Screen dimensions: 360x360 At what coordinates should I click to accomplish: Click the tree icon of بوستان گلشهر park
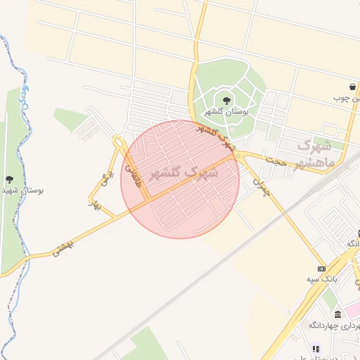pos(226,100)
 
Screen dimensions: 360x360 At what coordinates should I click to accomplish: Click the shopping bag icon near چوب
pos(352,86)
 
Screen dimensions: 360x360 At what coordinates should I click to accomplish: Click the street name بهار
pos(91,204)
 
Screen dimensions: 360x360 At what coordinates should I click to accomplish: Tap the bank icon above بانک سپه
pos(321,269)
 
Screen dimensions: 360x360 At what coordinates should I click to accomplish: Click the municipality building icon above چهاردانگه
pos(337,314)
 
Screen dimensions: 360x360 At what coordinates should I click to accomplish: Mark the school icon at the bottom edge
pos(316,348)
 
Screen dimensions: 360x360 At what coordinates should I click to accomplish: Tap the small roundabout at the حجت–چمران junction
pos(239,156)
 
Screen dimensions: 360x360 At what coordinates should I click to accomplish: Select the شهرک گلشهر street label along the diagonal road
pos(217,138)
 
